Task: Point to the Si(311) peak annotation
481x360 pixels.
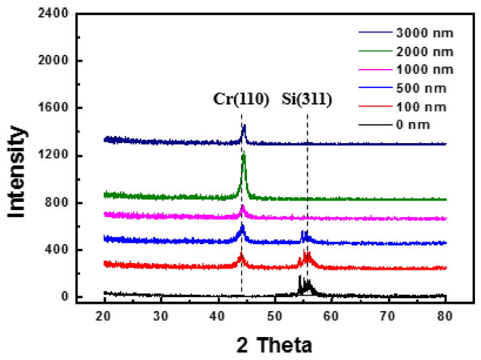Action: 307,100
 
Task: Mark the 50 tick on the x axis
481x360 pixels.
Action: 275,315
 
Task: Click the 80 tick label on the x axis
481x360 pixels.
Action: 445,315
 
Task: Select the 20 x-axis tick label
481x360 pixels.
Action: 104,315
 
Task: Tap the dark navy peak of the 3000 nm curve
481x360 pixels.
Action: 244,128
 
